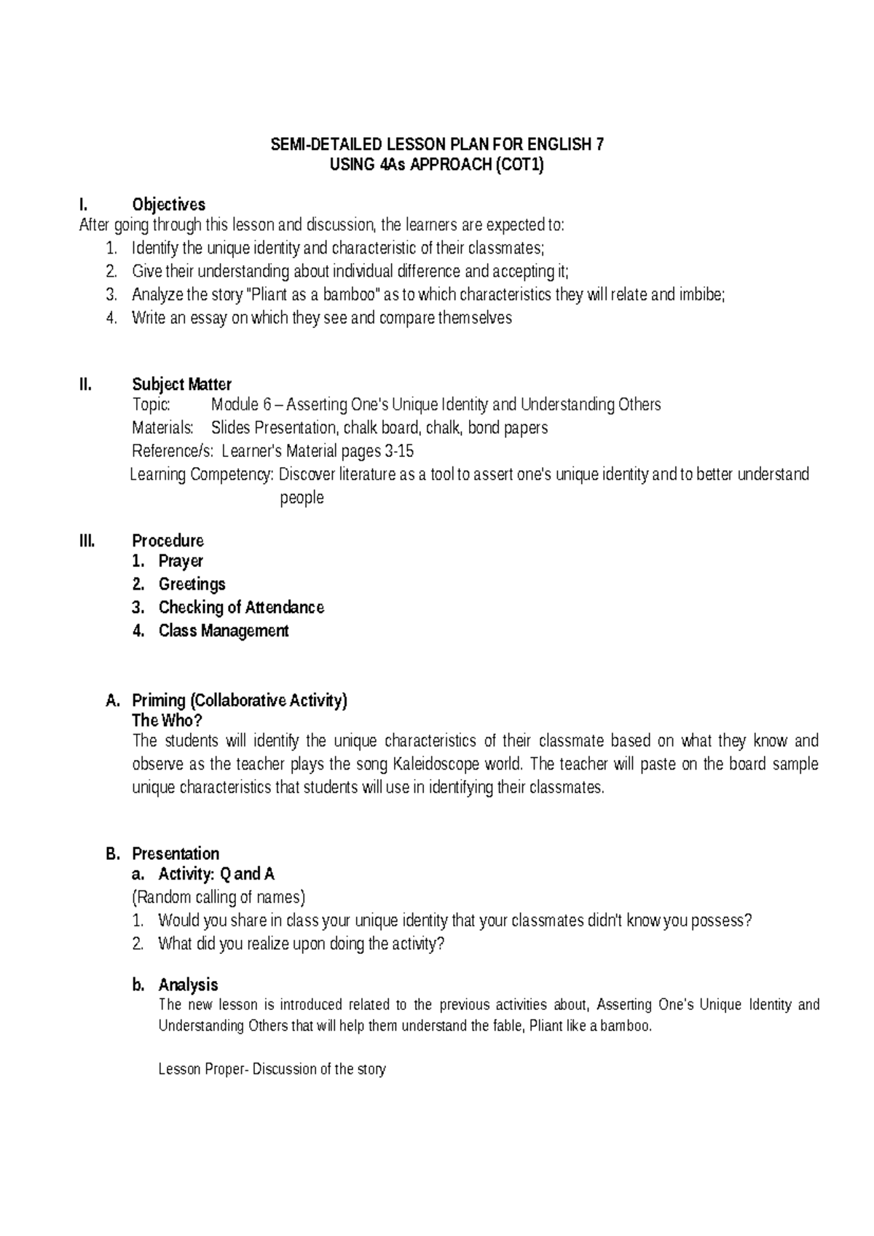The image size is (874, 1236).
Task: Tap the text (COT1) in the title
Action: coord(519,165)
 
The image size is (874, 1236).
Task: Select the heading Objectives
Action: coord(168,205)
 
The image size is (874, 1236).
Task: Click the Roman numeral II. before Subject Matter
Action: coord(85,384)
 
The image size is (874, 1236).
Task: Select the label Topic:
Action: coord(151,404)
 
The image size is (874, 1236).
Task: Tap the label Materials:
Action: coord(162,428)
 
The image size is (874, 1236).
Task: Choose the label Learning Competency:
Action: coord(202,474)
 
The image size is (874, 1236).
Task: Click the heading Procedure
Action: coord(168,541)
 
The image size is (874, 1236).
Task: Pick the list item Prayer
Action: coord(181,561)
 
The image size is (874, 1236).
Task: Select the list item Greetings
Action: coord(192,584)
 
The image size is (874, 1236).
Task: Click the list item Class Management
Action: coord(224,631)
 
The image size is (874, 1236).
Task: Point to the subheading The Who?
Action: coord(167,721)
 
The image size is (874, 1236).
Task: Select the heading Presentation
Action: coord(176,853)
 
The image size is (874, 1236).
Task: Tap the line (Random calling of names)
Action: coord(219,897)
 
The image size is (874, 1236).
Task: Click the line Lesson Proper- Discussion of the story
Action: coord(272,1069)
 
